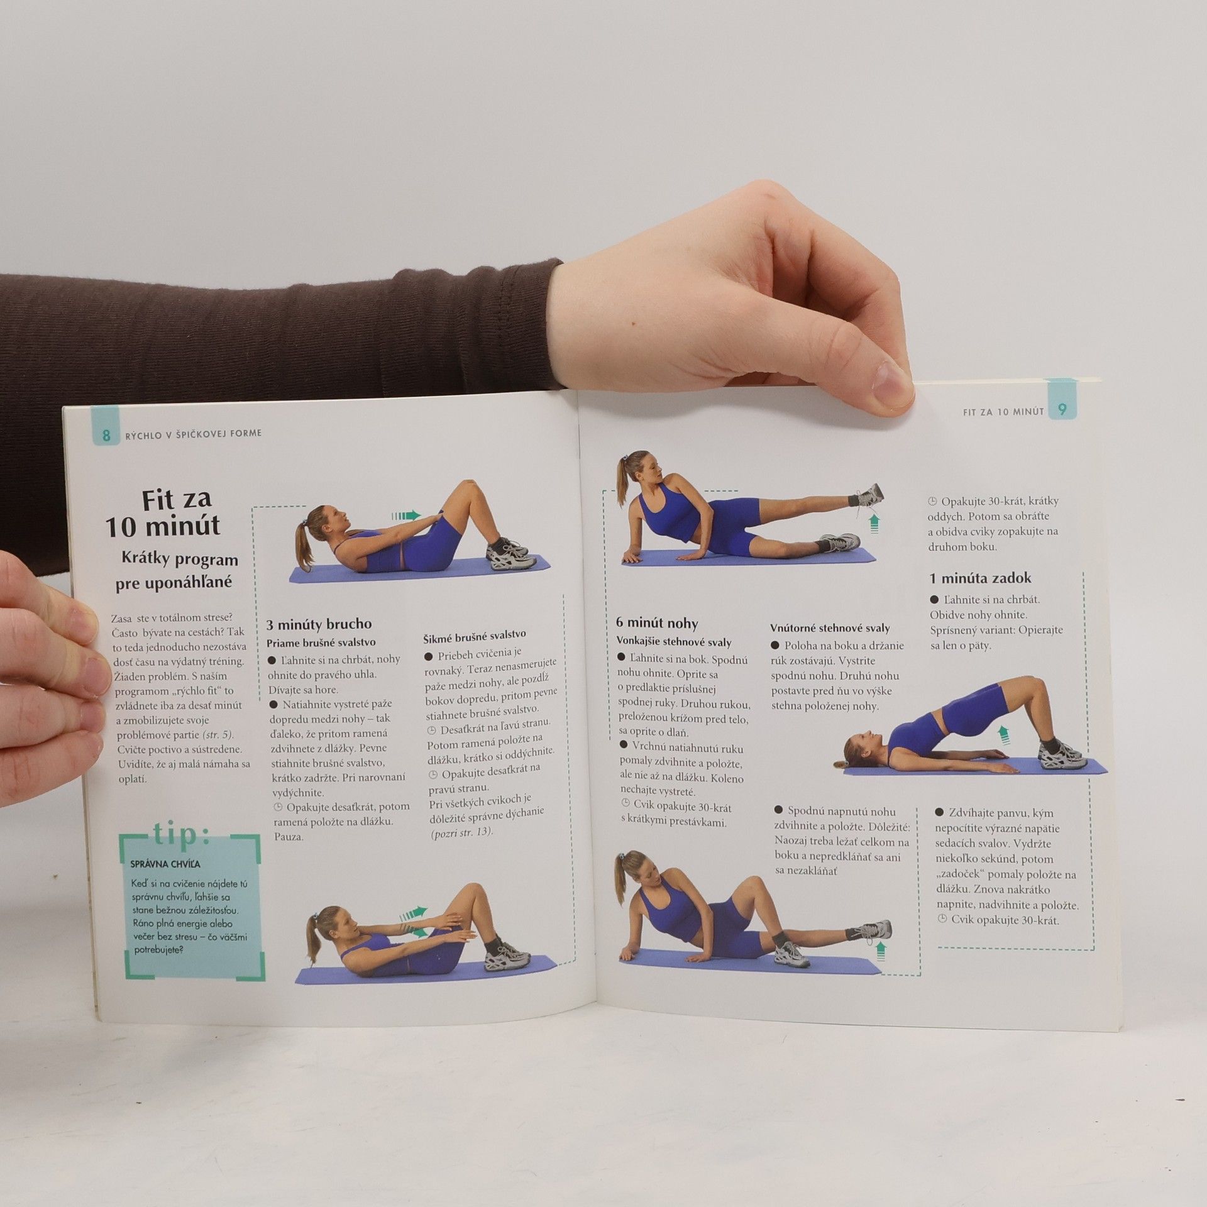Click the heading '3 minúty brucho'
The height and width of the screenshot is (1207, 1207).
point(319,624)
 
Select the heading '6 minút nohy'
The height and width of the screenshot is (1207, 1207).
point(657,623)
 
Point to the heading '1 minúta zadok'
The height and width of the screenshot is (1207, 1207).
point(981,578)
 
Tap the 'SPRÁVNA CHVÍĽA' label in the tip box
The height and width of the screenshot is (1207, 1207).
point(165,864)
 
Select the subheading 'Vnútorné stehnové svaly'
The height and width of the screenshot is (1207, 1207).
point(830,627)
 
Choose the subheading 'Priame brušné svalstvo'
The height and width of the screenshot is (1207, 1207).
point(321,642)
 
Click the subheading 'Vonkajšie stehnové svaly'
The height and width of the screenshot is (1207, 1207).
point(674,642)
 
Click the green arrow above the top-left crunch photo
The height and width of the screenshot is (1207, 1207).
point(406,515)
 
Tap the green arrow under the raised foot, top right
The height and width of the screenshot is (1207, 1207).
point(873,522)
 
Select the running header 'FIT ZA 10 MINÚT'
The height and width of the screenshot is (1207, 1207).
point(1003,412)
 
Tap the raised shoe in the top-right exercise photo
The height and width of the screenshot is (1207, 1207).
point(868,495)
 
